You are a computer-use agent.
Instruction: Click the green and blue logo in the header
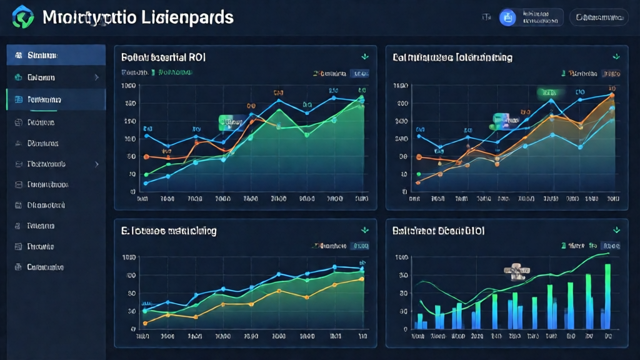pyautogui.click(x=23, y=17)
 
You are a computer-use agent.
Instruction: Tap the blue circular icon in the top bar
pyautogui.click(x=507, y=17)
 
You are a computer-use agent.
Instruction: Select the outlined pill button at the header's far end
pyautogui.click(x=602, y=17)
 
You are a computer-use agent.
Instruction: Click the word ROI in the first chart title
pyautogui.click(x=196, y=57)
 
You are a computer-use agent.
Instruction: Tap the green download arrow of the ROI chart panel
pyautogui.click(x=365, y=57)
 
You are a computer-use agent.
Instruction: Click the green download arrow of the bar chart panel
pyautogui.click(x=616, y=230)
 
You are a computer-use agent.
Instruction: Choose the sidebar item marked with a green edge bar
pyautogui.click(x=56, y=99)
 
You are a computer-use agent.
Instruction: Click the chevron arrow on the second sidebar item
pyautogui.click(x=96, y=77)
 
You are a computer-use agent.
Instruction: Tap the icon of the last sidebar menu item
pyautogui.click(x=17, y=267)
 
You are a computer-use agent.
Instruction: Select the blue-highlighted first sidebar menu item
pyautogui.click(x=56, y=56)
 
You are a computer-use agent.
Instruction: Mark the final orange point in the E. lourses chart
pyautogui.click(x=362, y=279)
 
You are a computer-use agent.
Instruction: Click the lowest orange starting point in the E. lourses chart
pyautogui.click(x=145, y=323)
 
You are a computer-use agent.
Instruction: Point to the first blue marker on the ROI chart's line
pyautogui.click(x=146, y=136)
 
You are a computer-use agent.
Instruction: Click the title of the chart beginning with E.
pyautogui.click(x=169, y=231)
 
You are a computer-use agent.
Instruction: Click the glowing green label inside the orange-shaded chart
pyautogui.click(x=550, y=92)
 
